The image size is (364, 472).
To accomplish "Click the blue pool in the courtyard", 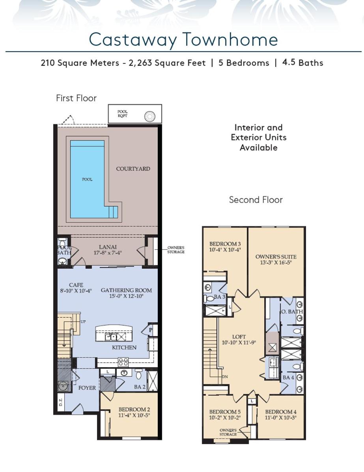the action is point(88,179).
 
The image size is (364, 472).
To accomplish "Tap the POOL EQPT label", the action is point(122,114).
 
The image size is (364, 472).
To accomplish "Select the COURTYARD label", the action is point(133,169).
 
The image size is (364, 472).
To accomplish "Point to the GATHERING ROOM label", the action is point(126,290).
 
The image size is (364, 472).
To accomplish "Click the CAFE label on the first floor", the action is point(76,285).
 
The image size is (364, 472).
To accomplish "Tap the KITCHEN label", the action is point(124,347).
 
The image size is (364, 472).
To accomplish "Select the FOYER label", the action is point(87,388).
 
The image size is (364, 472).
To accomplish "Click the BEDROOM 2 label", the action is point(134,410).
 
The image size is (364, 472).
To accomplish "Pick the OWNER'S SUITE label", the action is point(276,257).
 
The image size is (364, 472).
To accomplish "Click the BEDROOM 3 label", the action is point(225,244).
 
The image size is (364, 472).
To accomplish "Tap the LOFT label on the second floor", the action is point(239,337).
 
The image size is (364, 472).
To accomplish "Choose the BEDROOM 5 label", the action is point(225,412).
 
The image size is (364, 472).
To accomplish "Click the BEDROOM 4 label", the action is point(281,412).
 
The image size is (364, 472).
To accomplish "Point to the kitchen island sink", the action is point(111,337).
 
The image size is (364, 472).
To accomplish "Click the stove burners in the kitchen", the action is point(123,362).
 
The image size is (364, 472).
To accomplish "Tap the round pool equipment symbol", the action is point(150,116).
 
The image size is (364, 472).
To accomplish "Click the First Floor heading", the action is point(76,98).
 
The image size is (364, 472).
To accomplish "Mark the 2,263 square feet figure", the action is point(167,63).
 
